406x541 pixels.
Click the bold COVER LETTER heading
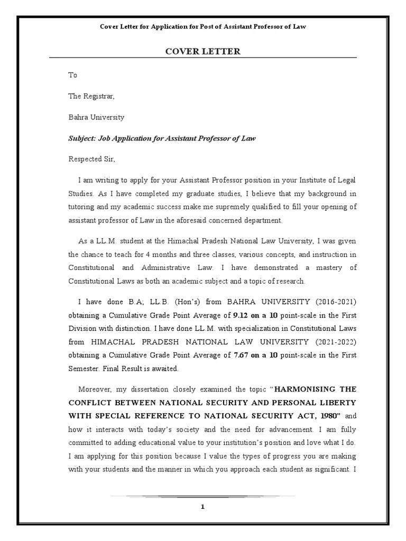tap(203, 51)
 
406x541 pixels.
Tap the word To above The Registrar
tap(73, 75)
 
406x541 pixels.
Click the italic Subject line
tap(162, 138)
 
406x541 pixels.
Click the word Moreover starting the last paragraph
tap(95, 389)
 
